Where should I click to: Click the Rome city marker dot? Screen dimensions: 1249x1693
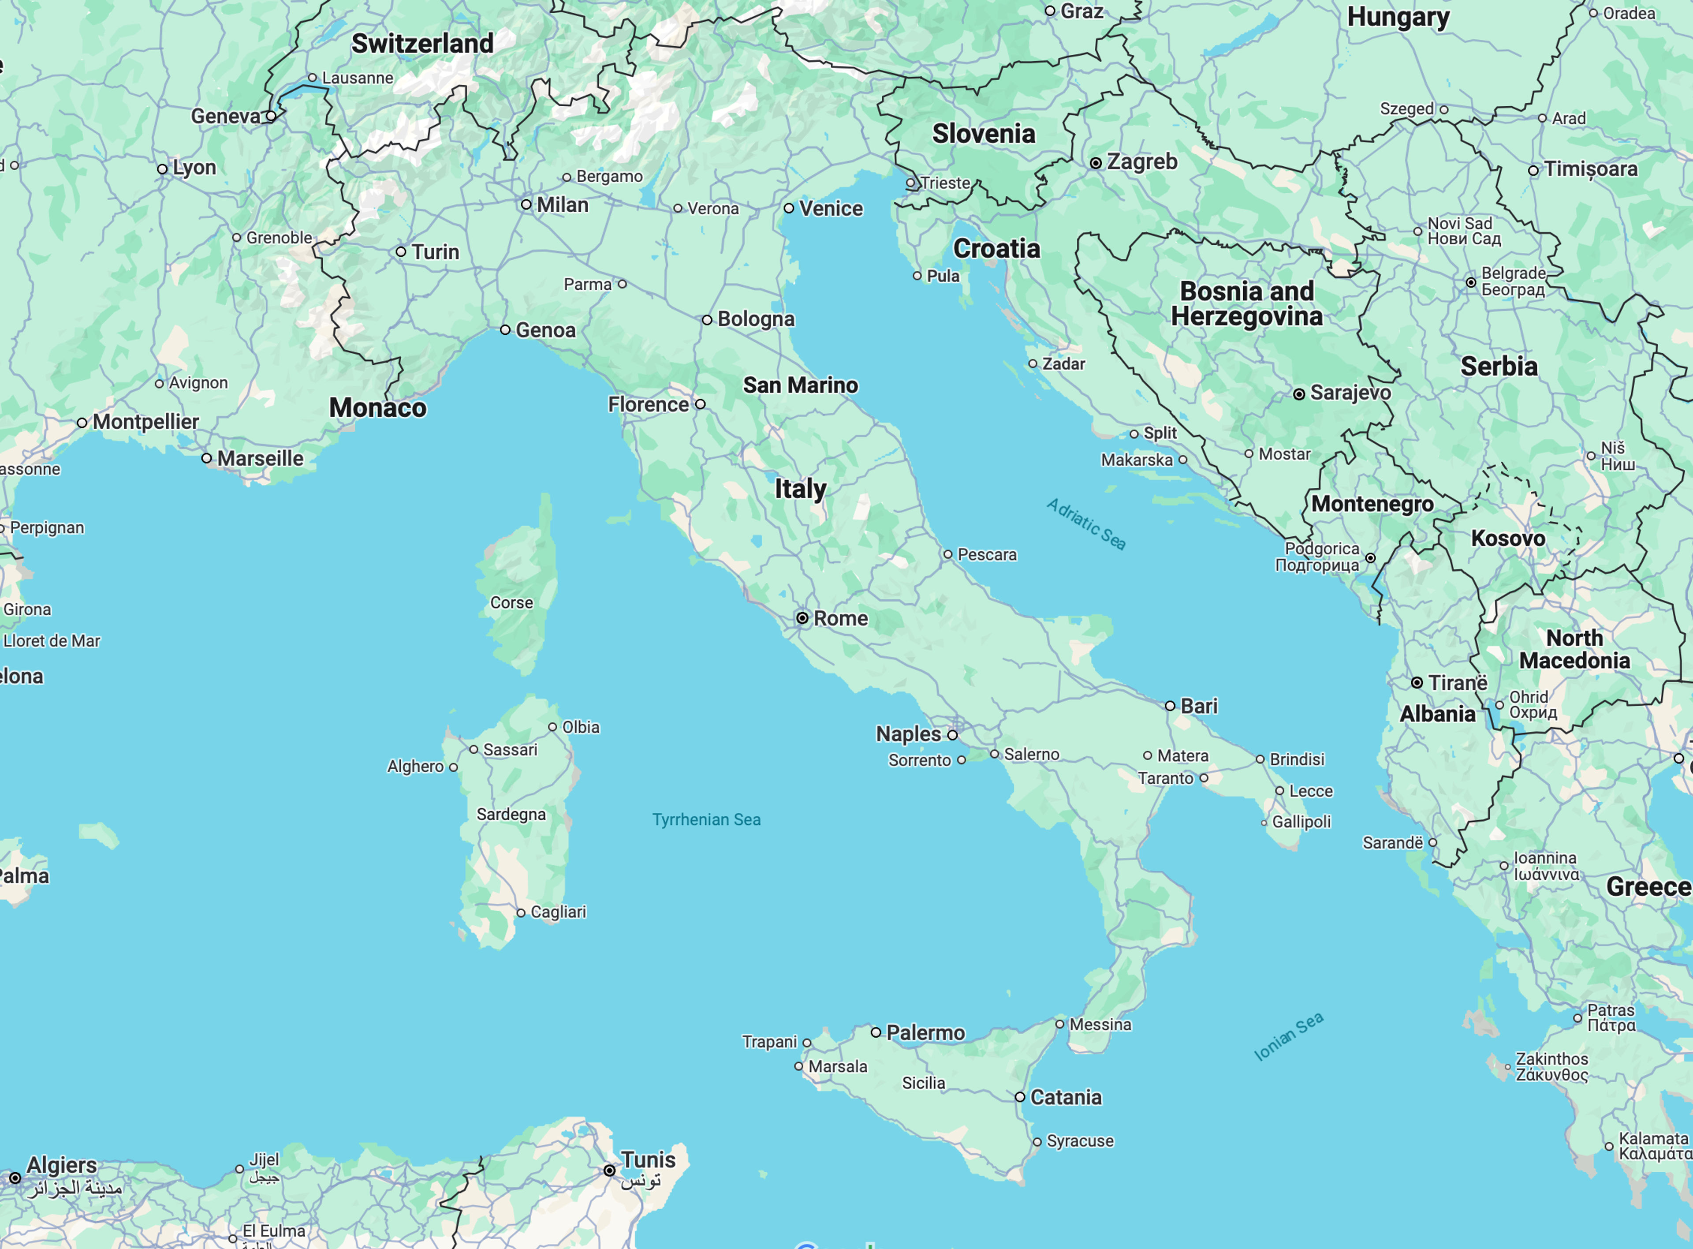[x=802, y=618]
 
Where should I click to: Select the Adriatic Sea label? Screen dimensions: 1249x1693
[x=1086, y=524]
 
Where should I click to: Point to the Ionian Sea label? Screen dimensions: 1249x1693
[x=1289, y=1036]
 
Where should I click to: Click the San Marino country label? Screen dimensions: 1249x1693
[x=800, y=385]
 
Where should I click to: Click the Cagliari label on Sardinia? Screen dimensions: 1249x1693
[x=558, y=912]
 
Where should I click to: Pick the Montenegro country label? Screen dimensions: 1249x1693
[x=1372, y=504]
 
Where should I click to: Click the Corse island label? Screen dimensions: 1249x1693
[x=512, y=602]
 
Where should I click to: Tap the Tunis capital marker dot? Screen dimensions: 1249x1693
[x=609, y=1170]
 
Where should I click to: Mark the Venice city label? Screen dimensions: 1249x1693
[x=831, y=209]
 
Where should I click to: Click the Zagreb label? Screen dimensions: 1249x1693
[x=1141, y=162]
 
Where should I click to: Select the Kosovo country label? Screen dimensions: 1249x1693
[x=1508, y=538]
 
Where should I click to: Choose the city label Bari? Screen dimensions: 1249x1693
[x=1199, y=706]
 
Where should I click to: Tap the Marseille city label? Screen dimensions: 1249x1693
[x=260, y=458]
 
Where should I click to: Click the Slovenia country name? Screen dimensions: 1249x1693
[x=983, y=134]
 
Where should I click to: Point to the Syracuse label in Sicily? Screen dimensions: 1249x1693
[x=1079, y=1141]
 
